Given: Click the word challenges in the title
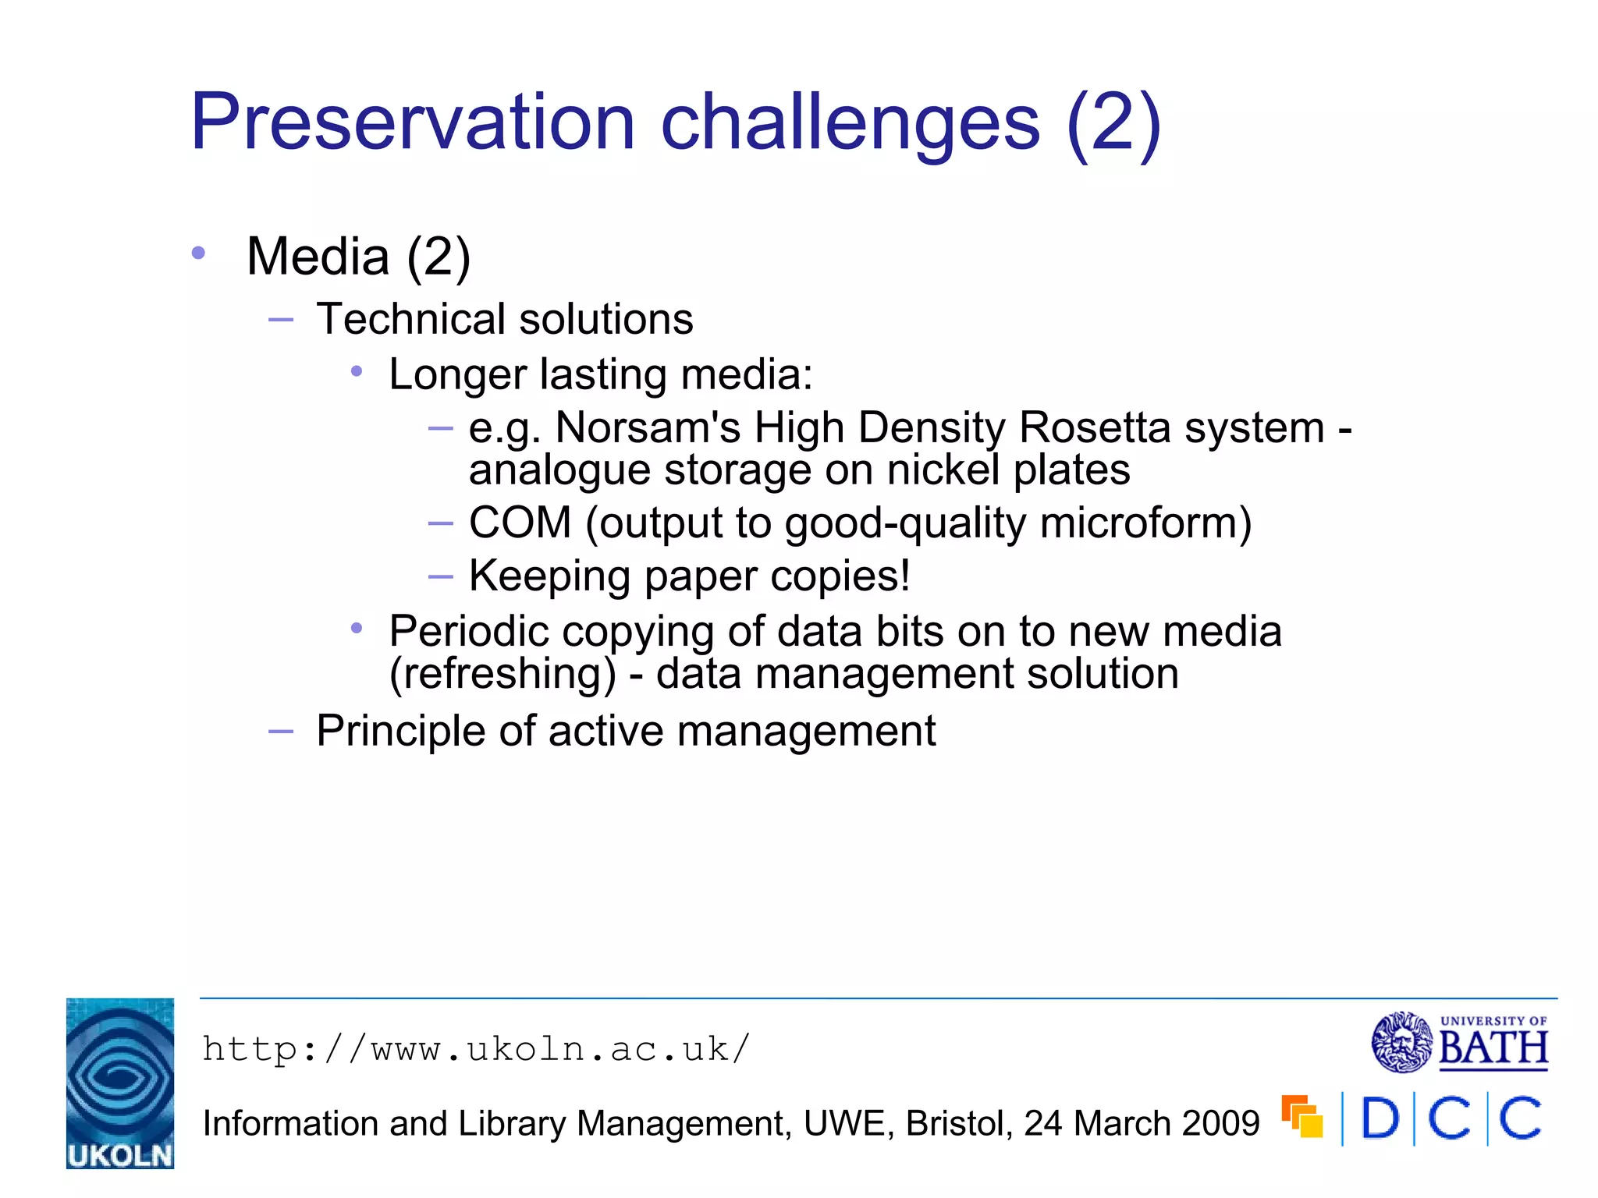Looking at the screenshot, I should (850, 122).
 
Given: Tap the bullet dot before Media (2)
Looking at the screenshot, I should (198, 253).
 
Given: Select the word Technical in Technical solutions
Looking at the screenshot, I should (411, 319).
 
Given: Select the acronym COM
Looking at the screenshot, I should (520, 523).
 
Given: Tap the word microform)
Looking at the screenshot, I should (1145, 523).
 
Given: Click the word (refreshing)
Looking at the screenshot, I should (502, 673).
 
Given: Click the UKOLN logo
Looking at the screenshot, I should (120, 1083).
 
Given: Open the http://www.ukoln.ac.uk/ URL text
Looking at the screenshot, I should (476, 1049).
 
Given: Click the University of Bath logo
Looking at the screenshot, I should (1459, 1042).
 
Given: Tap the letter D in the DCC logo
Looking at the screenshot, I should (1380, 1118).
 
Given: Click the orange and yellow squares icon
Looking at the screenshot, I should (1302, 1117).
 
